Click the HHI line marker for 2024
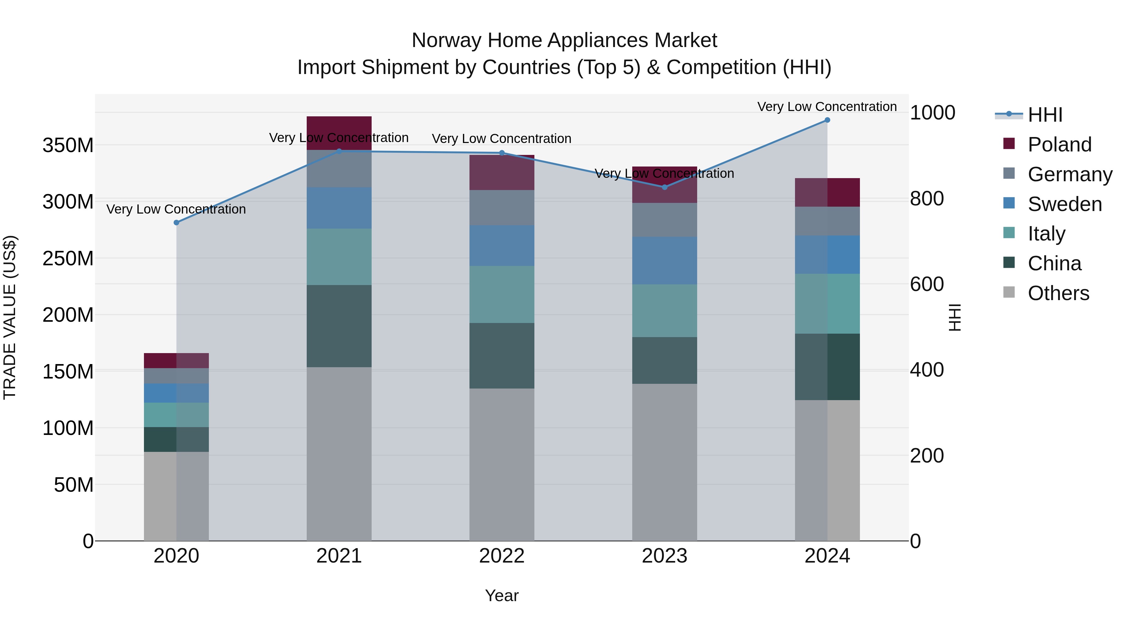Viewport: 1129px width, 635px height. pyautogui.click(x=827, y=120)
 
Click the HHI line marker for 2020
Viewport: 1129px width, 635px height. pyautogui.click(x=177, y=223)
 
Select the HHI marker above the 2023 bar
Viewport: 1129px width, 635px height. pyautogui.click(x=665, y=187)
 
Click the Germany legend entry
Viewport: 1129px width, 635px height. pyautogui.click(x=1070, y=174)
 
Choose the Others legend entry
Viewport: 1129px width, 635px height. pyautogui.click(x=1058, y=293)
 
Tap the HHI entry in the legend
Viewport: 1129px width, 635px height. pyautogui.click(x=1045, y=115)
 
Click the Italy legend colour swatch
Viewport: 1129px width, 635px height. pyautogui.click(x=1009, y=233)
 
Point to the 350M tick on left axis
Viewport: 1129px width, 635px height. pyautogui.click(x=68, y=145)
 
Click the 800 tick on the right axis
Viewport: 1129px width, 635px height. pyautogui.click(x=926, y=198)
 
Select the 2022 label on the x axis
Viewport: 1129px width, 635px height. pyautogui.click(x=502, y=556)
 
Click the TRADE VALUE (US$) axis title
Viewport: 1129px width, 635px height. pyautogui.click(x=10, y=317)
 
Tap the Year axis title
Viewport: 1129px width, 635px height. pyautogui.click(x=502, y=595)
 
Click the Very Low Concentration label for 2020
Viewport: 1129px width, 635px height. pyautogui.click(x=176, y=209)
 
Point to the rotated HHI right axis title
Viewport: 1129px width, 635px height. pyautogui.click(x=954, y=317)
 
